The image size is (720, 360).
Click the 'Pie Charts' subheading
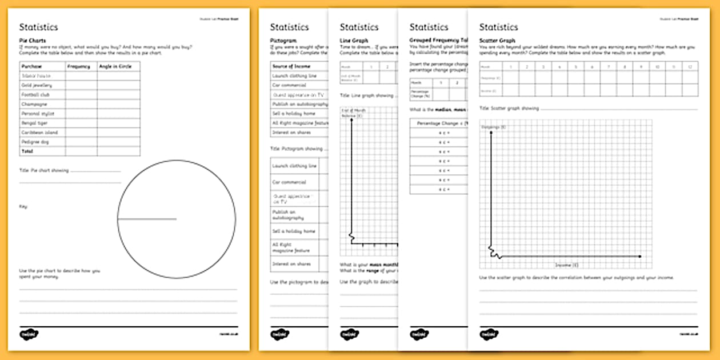pos(33,41)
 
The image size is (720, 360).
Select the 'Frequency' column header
pos(78,66)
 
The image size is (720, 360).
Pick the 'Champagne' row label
pos(34,104)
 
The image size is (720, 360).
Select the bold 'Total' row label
pos(27,151)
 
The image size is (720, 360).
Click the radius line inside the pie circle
pos(147,219)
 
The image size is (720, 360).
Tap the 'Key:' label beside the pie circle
pos(23,206)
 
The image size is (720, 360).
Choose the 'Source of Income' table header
pos(291,66)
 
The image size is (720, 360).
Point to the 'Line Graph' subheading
pos(354,41)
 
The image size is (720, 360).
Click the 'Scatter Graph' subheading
pos(497,41)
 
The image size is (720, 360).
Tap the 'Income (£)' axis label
pos(567,265)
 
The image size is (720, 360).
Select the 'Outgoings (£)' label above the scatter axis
pos(494,126)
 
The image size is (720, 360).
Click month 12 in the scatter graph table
pos(689,67)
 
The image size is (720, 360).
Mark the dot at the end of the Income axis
pos(640,257)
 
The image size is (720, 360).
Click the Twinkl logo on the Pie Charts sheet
pos(29,334)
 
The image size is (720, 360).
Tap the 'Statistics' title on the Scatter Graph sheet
pos(498,27)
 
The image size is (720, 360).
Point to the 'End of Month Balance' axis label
pos(353,113)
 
